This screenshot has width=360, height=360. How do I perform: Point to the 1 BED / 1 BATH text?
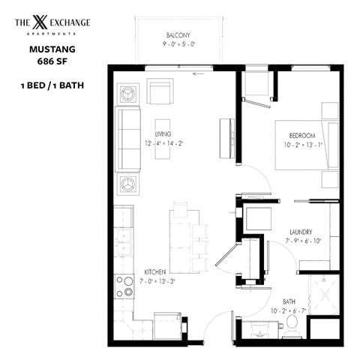[52, 85]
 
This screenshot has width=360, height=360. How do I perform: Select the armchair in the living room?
[160, 92]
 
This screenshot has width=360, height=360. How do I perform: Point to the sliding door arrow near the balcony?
[198, 73]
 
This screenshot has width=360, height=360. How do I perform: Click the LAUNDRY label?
[298, 232]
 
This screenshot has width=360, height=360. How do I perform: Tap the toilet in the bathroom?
[293, 324]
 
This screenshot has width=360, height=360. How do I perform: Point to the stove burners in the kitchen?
[124, 287]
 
